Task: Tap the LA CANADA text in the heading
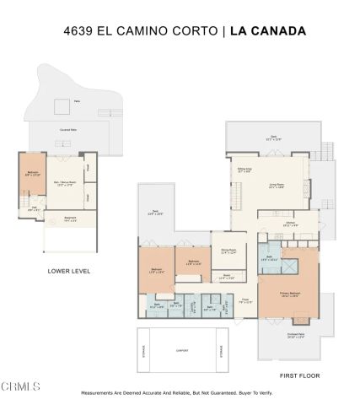coord(266,31)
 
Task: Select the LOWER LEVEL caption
coord(70,271)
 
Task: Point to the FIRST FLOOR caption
coord(299,375)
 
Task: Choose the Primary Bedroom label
coord(291,294)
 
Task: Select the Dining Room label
coord(228,250)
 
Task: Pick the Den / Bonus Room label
coord(66,181)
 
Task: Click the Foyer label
coord(247,300)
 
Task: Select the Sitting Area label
coord(245,170)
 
